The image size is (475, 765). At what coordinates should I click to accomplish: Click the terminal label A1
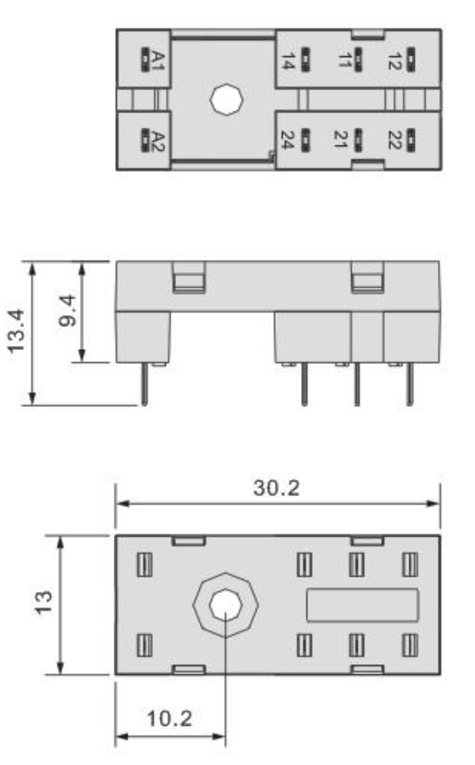[158, 60]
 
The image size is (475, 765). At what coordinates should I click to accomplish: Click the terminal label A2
[158, 141]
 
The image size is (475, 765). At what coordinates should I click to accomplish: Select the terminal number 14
[288, 60]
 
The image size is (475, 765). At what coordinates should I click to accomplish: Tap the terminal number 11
[344, 60]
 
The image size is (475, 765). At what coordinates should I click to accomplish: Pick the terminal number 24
[288, 140]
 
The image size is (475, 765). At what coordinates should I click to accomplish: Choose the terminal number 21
[340, 139]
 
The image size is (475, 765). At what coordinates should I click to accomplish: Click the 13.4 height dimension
[17, 330]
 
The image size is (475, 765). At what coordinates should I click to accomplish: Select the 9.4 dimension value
[68, 310]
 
